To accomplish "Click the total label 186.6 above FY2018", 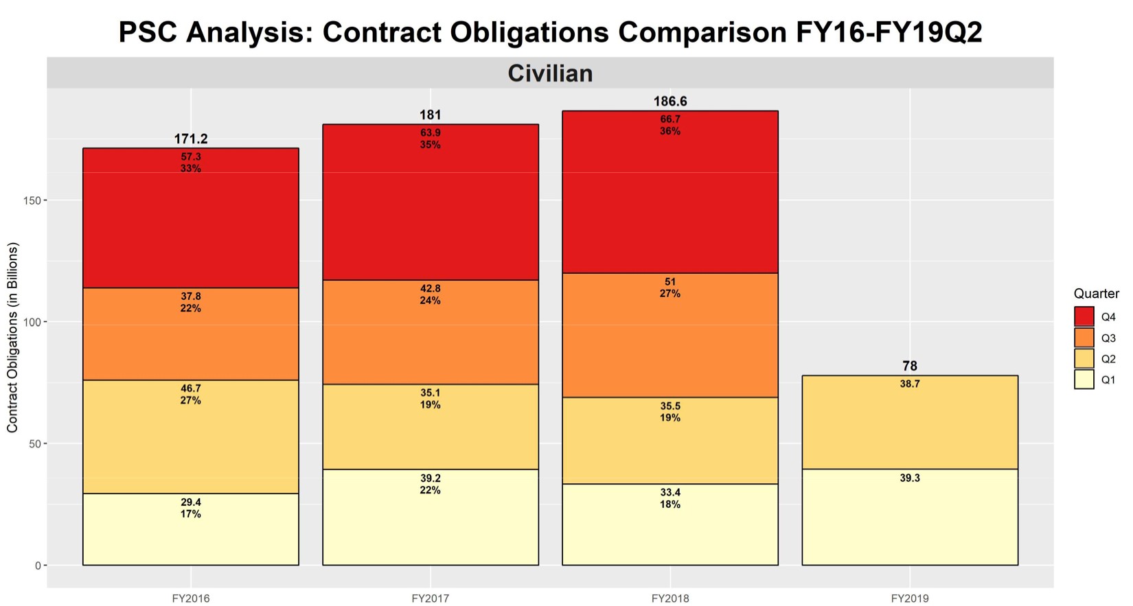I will [670, 102].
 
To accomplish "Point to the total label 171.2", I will [191, 139].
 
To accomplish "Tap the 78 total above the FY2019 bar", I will [910, 366].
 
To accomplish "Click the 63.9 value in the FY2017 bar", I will [431, 133].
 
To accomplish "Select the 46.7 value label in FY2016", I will [191, 388].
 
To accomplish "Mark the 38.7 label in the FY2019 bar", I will [910, 384].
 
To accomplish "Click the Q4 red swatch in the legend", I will [1084, 316].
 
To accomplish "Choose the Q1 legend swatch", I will [1084, 380].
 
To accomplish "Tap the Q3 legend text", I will [1108, 338].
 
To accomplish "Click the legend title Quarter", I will [1096, 294].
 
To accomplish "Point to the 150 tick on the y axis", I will [32, 200].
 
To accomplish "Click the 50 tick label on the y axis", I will [34, 444].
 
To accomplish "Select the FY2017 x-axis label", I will [431, 598].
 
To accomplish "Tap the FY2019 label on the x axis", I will [910, 598].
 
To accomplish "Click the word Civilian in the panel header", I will [550, 73].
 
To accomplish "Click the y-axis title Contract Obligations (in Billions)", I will [12, 338].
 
